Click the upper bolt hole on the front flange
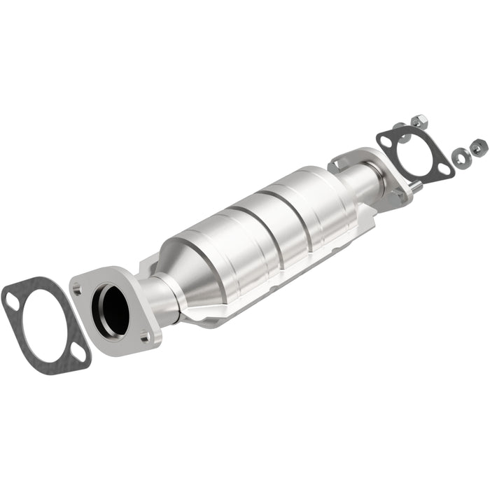(77, 288)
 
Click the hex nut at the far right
(479, 148)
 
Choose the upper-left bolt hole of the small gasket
(386, 141)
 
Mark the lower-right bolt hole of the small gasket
(442, 167)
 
